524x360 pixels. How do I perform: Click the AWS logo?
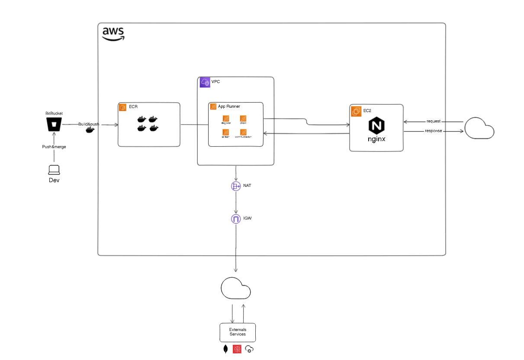click(113, 33)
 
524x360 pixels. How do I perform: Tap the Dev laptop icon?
click(54, 170)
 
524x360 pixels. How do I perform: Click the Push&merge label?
click(54, 147)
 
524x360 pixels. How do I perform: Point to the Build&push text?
click(88, 124)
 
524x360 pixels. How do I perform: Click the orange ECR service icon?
click(122, 107)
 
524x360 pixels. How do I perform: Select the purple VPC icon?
click(205, 82)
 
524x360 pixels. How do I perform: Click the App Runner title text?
click(229, 106)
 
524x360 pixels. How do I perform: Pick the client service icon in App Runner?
click(243, 119)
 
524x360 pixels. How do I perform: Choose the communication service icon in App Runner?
click(243, 132)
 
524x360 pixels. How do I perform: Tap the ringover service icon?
click(225, 119)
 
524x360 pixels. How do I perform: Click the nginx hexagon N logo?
click(376, 126)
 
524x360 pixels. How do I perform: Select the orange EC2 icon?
click(356, 111)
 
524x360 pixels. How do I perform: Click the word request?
click(433, 121)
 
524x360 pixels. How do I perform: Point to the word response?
click(433, 131)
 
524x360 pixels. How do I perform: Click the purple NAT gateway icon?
click(236, 186)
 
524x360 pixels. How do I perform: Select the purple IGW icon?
click(236, 219)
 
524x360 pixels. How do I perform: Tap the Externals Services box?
click(238, 332)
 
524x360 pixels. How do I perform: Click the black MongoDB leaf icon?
click(225, 349)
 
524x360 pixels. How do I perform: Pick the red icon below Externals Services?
click(237, 349)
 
